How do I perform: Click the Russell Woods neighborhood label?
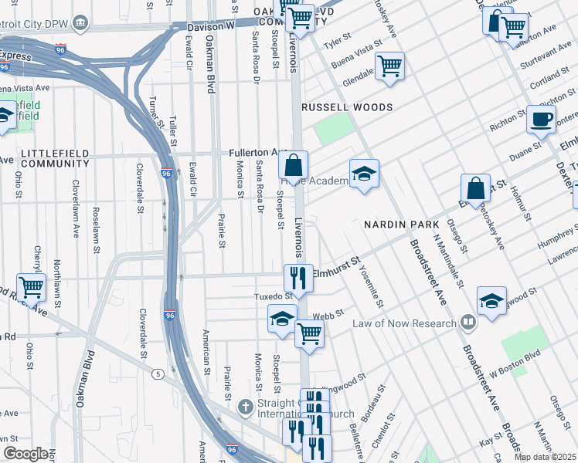pos(347,107)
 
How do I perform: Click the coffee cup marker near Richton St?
pos(541,120)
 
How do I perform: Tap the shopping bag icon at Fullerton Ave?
pos(294,165)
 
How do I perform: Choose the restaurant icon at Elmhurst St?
pos(298,278)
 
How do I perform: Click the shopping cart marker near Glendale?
pos(389,66)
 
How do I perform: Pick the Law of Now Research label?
pos(404,323)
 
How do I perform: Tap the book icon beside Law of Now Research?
pos(467,322)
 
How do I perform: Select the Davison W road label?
pos(210,26)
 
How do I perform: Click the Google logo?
pos(25,454)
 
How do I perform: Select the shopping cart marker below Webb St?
pos(309,333)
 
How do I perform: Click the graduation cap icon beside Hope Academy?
pos(364,174)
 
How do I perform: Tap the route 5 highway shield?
pos(158,374)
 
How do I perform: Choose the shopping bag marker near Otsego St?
pos(475,188)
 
